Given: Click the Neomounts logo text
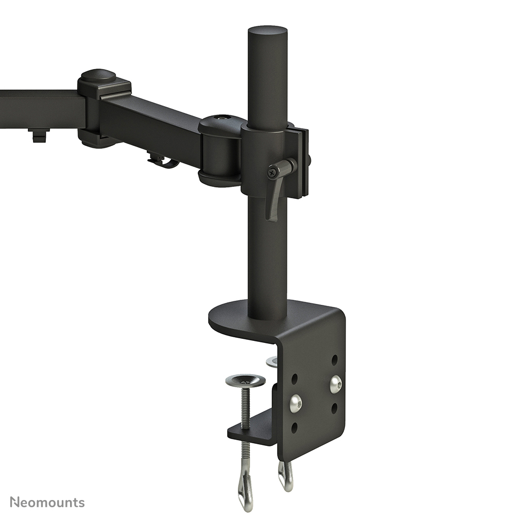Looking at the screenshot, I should point(47,502).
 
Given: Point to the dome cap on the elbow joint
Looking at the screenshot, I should point(98,75).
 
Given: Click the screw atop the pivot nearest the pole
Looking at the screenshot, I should point(222,118).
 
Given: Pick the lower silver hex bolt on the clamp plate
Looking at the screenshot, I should point(296,403).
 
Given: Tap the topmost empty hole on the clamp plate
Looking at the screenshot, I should point(335,358).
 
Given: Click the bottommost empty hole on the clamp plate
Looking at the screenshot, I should point(295,427).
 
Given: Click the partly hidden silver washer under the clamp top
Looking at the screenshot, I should point(272,361).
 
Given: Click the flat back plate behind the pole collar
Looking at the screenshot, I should point(304,162).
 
